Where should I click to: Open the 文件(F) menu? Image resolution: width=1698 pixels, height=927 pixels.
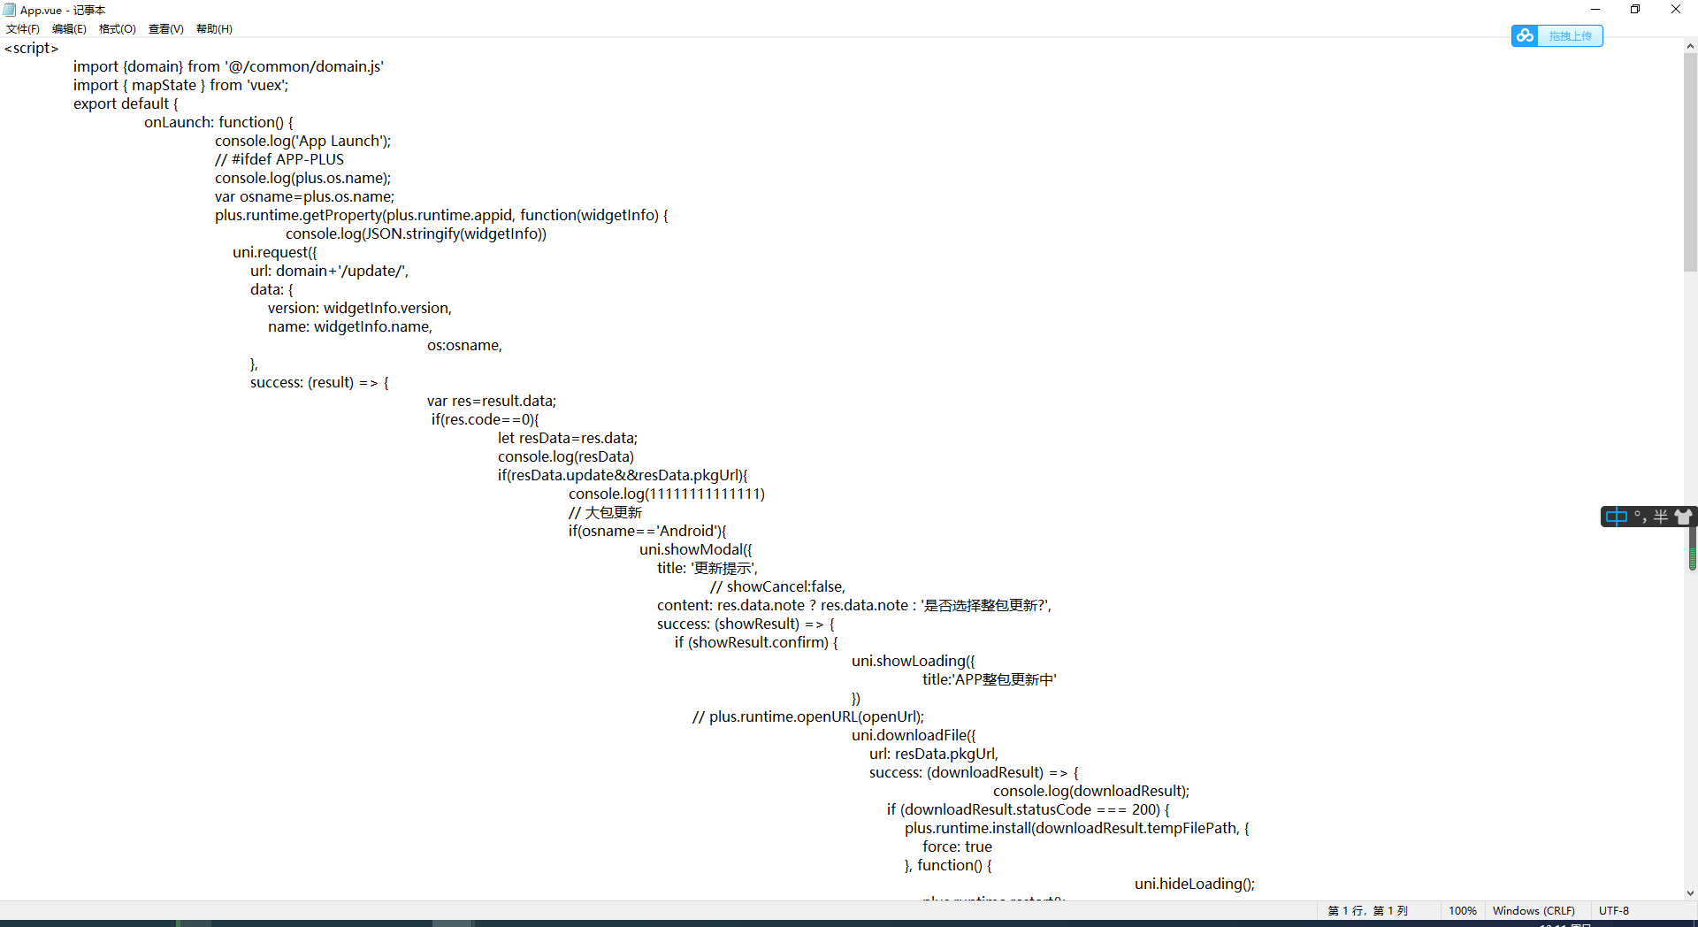pyautogui.click(x=23, y=29)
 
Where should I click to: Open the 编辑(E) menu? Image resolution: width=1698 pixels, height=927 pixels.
pyautogui.click(x=69, y=29)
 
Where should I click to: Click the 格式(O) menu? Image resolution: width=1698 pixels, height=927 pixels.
pyautogui.click(x=118, y=29)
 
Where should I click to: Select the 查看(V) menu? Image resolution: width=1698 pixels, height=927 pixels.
pyautogui.click(x=166, y=29)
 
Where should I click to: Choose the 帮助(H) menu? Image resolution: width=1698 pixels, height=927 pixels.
pyautogui.click(x=214, y=29)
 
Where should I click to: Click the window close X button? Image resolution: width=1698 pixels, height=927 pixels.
pyautogui.click(x=1676, y=9)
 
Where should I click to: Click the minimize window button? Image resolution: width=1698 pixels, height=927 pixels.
pyautogui.click(x=1595, y=9)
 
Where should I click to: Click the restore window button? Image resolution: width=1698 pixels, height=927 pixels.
pyautogui.click(x=1635, y=9)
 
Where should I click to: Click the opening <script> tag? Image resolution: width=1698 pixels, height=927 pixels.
pyautogui.click(x=32, y=49)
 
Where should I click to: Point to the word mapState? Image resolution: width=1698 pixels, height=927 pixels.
pyautogui.click(x=164, y=86)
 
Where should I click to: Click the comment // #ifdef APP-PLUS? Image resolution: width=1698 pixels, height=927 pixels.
pyautogui.click(x=279, y=160)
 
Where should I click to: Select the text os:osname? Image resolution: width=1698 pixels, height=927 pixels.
pyautogui.click(x=464, y=346)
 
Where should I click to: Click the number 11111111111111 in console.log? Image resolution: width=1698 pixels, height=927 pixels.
pyautogui.click(x=705, y=494)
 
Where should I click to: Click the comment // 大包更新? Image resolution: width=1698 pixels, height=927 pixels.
pyautogui.click(x=606, y=513)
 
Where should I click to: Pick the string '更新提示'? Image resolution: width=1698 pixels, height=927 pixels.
pyautogui.click(x=723, y=569)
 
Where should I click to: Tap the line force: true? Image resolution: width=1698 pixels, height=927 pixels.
pyautogui.click(x=957, y=847)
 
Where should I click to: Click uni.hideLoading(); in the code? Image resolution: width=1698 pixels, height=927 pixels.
pyautogui.click(x=1194, y=885)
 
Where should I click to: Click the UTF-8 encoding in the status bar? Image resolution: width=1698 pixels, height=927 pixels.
pyautogui.click(x=1614, y=911)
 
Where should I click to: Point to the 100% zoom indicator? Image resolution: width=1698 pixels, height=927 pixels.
pyautogui.click(x=1463, y=911)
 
